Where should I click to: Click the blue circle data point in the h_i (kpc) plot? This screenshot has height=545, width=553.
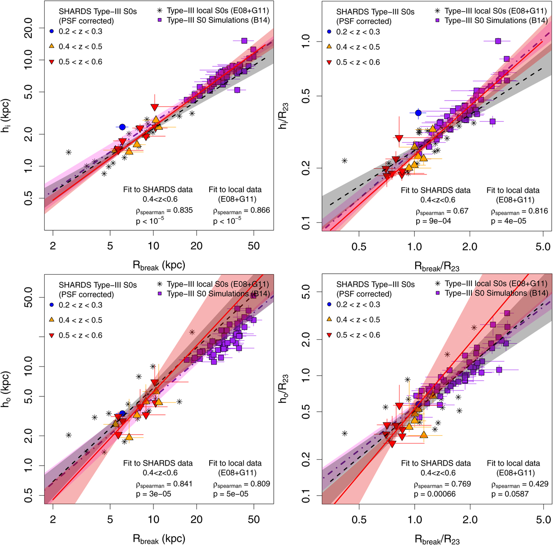[122, 127]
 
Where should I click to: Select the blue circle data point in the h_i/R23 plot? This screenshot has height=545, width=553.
[418, 113]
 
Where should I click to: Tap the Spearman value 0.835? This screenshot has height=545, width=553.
[179, 210]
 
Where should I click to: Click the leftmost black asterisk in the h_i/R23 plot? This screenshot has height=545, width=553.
[344, 160]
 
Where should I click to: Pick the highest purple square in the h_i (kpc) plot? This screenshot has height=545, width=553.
[244, 41]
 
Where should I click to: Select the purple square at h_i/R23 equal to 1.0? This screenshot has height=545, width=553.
[498, 41]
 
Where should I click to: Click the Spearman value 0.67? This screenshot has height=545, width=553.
[460, 211]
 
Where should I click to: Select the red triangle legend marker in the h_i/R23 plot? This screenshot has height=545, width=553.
[329, 62]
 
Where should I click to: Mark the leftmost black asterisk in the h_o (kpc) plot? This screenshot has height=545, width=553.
[69, 435]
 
